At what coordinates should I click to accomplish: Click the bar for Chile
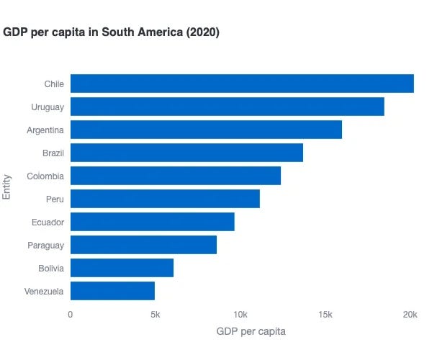click(242, 84)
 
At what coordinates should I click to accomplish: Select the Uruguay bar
click(227, 107)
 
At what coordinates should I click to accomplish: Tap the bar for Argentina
click(206, 130)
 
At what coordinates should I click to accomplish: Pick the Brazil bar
click(186, 153)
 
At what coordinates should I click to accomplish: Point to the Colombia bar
click(175, 176)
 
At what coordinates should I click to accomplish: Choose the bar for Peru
click(165, 199)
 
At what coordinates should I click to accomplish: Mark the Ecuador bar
click(152, 222)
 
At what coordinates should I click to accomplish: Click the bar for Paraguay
click(143, 245)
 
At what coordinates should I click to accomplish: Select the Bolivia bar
click(122, 268)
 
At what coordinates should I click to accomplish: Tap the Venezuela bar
click(112, 291)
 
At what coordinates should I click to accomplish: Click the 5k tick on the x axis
click(155, 315)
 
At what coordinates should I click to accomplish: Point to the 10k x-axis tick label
click(240, 315)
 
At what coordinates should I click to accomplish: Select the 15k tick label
click(325, 315)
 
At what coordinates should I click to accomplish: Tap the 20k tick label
click(410, 315)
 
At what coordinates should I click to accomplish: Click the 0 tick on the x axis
click(70, 315)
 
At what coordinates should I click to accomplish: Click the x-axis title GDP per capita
click(251, 331)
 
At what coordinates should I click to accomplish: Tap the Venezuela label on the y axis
click(44, 292)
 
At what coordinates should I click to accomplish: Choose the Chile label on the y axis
click(54, 84)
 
